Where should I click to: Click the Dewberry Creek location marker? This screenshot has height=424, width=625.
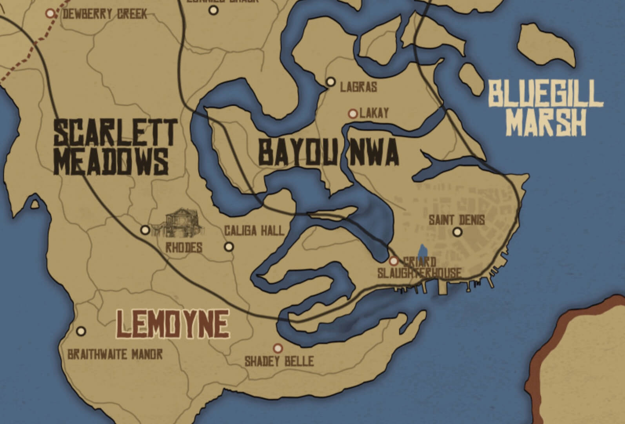(x=50, y=13)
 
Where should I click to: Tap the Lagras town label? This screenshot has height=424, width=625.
(x=358, y=87)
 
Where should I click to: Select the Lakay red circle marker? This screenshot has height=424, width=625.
(x=352, y=114)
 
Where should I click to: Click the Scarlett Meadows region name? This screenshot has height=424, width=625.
(x=115, y=147)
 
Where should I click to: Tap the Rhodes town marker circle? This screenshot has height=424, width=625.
(x=145, y=230)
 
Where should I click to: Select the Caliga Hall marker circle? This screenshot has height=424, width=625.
(x=229, y=247)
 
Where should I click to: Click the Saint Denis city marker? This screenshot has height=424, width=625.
(x=457, y=232)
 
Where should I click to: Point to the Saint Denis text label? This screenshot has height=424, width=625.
(x=456, y=220)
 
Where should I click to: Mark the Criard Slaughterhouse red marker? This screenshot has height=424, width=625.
(x=394, y=261)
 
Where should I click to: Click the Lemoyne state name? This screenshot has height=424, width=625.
(x=173, y=324)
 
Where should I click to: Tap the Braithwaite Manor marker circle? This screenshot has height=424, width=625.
(x=81, y=331)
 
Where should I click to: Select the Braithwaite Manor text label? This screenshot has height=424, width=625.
(x=115, y=355)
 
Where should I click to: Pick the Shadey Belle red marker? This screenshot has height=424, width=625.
(x=278, y=348)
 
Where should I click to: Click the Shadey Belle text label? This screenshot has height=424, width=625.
(x=279, y=361)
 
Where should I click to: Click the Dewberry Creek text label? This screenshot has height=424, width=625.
(x=105, y=15)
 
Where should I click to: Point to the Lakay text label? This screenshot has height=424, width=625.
(x=374, y=114)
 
